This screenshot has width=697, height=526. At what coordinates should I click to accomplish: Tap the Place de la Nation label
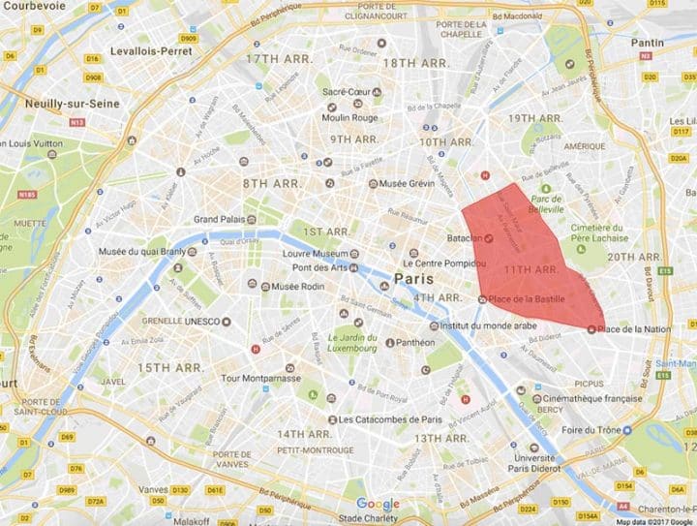click(x=634, y=329)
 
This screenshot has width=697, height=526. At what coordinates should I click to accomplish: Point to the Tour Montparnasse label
click(x=260, y=377)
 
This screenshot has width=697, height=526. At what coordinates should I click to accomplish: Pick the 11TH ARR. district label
click(x=531, y=269)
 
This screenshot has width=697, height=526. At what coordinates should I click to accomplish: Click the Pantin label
click(x=648, y=43)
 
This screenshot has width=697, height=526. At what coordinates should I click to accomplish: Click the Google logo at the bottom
click(x=377, y=504)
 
